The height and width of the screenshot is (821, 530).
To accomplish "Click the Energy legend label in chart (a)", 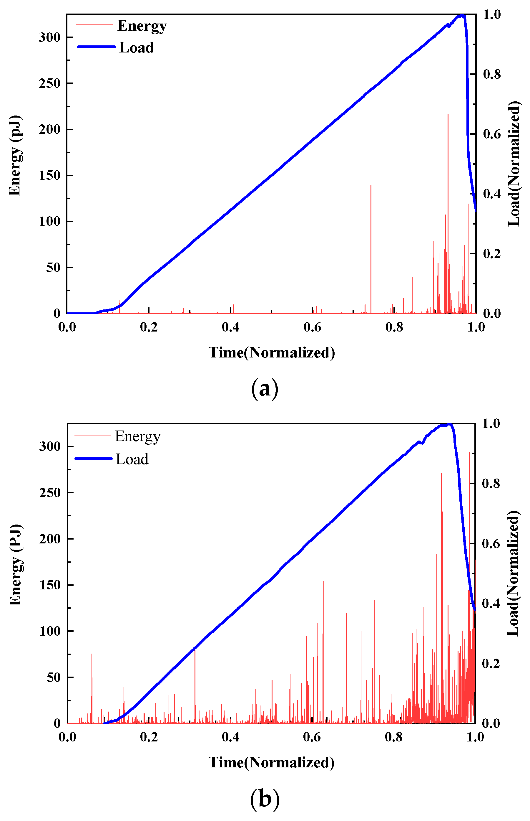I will click(x=142, y=26).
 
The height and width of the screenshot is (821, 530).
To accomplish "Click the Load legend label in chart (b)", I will click(x=132, y=459).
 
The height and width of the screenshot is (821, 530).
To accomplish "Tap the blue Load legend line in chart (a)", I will click(x=96, y=47).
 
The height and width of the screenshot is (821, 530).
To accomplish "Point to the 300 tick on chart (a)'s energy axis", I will click(x=49, y=37).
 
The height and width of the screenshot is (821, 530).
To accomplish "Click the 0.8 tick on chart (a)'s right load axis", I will click(x=491, y=74).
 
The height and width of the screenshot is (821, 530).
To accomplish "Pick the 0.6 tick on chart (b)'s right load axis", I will click(x=491, y=544).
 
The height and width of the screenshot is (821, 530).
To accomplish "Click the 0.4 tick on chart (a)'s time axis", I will click(x=231, y=327).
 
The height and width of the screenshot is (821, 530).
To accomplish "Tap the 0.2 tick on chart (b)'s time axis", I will click(x=149, y=737).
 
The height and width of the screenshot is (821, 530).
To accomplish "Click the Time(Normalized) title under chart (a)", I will click(x=272, y=352).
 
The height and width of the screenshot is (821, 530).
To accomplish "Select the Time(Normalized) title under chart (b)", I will click(x=272, y=762).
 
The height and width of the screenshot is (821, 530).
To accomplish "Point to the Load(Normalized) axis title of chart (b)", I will click(x=513, y=573).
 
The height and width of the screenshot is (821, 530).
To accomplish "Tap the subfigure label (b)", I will click(x=264, y=799).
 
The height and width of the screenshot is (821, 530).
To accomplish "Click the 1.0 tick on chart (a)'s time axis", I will click(x=476, y=327).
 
